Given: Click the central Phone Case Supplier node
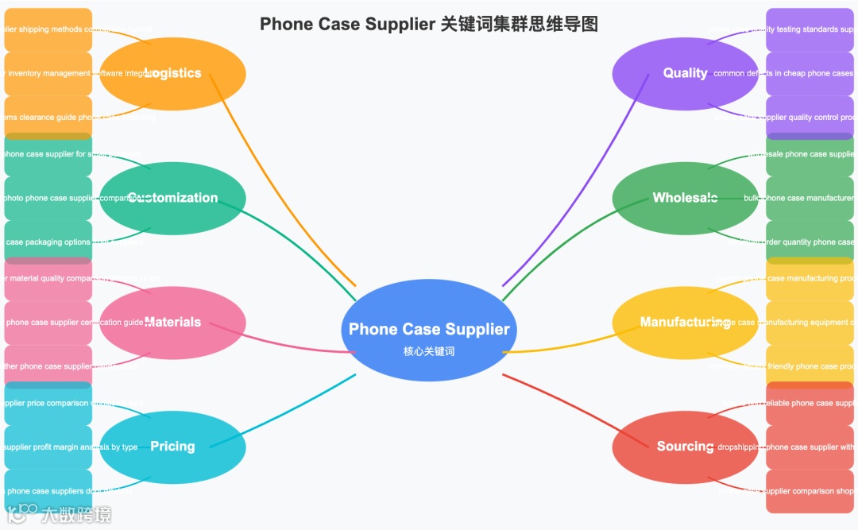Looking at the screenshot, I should (x=429, y=330).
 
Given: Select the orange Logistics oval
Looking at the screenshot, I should (x=172, y=73).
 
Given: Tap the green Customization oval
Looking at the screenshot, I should (x=172, y=198).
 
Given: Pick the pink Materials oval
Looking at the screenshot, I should (x=172, y=322).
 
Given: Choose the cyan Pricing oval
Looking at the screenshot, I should (x=172, y=447).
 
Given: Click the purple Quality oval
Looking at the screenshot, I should (x=685, y=73).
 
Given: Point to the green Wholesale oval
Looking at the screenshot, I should (x=685, y=198).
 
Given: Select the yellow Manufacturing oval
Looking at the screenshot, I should (x=685, y=322).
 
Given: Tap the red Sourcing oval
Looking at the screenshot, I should (x=685, y=447).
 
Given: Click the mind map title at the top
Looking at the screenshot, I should (x=429, y=25).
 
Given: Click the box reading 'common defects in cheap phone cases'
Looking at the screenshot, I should (x=809, y=73).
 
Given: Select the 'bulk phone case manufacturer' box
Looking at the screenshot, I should (x=809, y=198).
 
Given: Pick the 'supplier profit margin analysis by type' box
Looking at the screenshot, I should (x=48, y=447).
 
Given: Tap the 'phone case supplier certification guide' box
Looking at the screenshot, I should (x=48, y=322).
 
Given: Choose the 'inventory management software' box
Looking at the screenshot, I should (x=48, y=73).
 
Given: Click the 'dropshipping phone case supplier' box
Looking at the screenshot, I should (x=809, y=447).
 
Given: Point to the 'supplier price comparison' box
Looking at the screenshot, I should (x=48, y=403).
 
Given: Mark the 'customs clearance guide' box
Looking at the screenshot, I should (x=48, y=117).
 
